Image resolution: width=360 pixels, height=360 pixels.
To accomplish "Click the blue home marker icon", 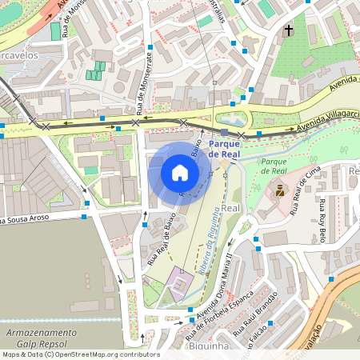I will [x=179, y=173].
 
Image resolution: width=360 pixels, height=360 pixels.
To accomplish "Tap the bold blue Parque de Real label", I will [x=230, y=147].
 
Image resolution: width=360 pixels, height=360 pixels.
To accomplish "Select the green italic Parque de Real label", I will [x=274, y=166].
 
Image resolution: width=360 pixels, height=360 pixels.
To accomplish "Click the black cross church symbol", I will [x=287, y=31].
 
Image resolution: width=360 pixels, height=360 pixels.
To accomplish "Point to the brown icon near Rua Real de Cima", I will [x=280, y=190].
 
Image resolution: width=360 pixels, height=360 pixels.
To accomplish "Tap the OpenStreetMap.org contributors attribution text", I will [x=104, y=354].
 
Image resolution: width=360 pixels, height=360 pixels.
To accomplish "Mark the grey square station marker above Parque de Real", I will [x=225, y=132].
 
